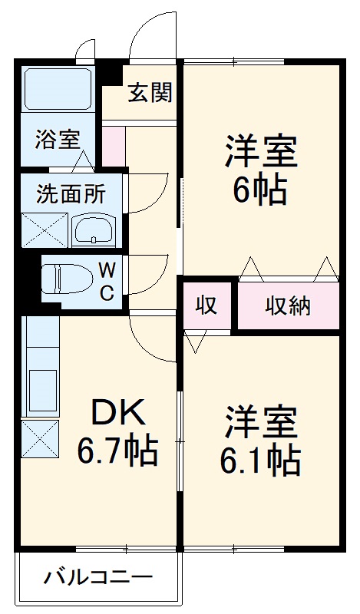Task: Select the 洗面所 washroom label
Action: (x=71, y=193)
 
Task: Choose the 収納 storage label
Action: (x=288, y=305)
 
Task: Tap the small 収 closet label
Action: (x=206, y=305)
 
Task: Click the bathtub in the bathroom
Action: (x=58, y=89)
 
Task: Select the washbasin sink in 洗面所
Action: (x=93, y=228)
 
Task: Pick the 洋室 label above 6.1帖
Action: (x=261, y=421)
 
